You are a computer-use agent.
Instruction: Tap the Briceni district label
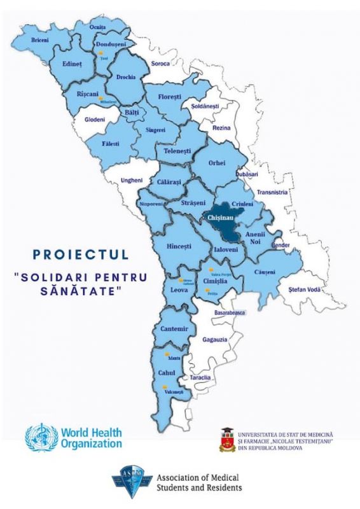coord(41,40)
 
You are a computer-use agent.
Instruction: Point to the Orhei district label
coord(217,163)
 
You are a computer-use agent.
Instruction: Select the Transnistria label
coord(272,192)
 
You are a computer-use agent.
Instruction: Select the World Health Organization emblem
coord(39,438)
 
